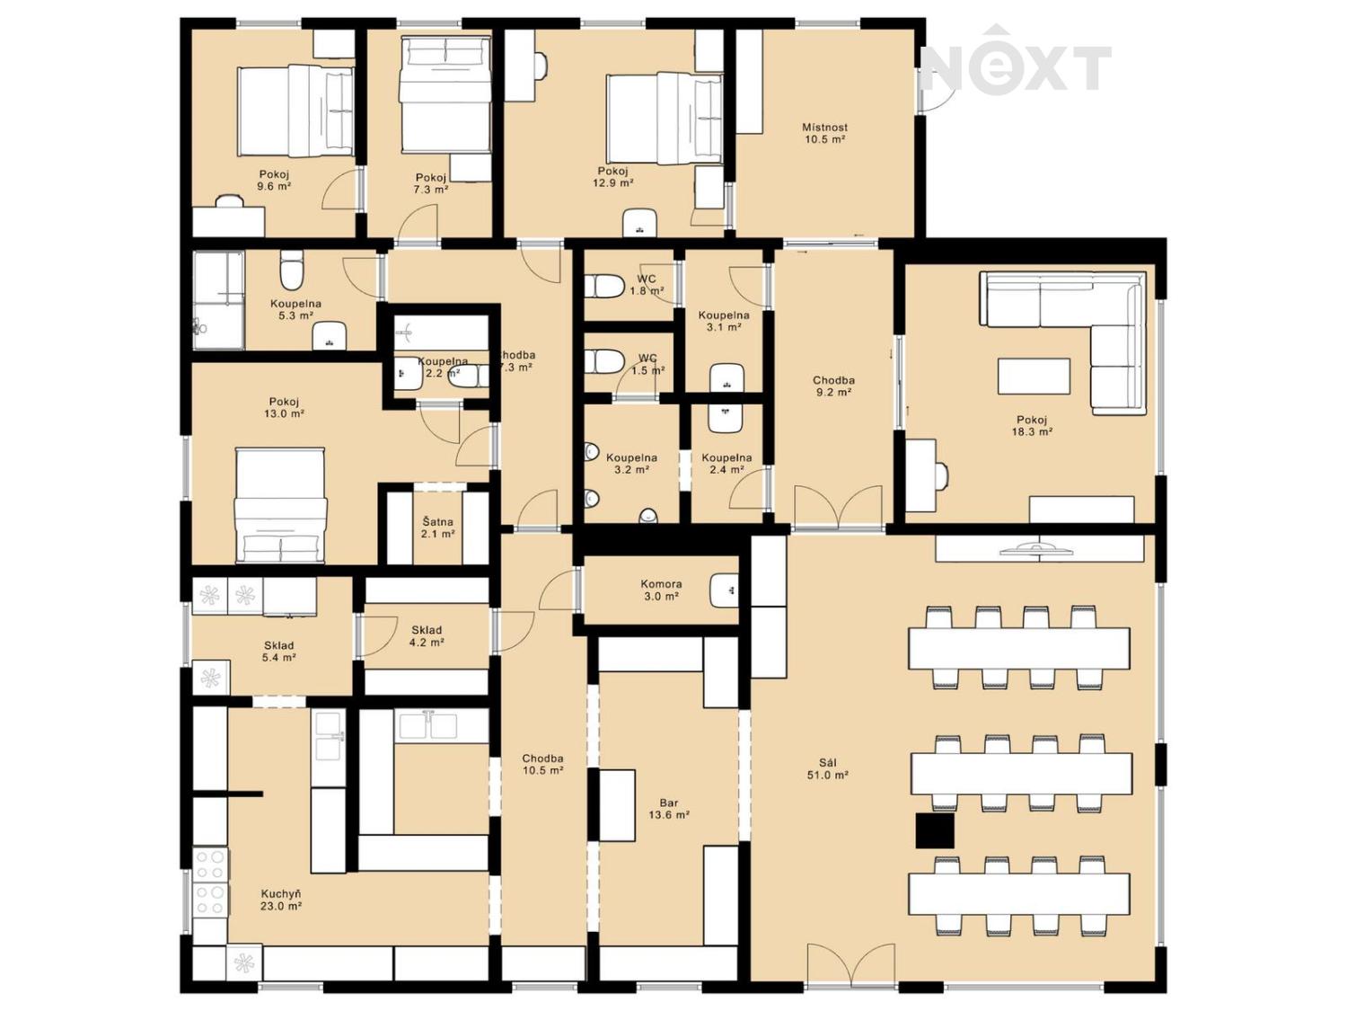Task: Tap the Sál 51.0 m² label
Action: [827, 768]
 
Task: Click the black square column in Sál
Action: [935, 830]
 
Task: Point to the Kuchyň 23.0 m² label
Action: [280, 900]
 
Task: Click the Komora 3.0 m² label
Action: [661, 590]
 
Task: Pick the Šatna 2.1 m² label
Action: [437, 528]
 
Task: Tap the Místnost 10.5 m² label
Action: [824, 133]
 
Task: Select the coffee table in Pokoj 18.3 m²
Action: [1034, 376]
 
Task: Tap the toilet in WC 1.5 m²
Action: [605, 362]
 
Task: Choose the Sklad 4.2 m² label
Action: [426, 636]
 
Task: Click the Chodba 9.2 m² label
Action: [833, 386]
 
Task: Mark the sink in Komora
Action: [724, 590]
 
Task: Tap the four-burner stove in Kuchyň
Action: [209, 881]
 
